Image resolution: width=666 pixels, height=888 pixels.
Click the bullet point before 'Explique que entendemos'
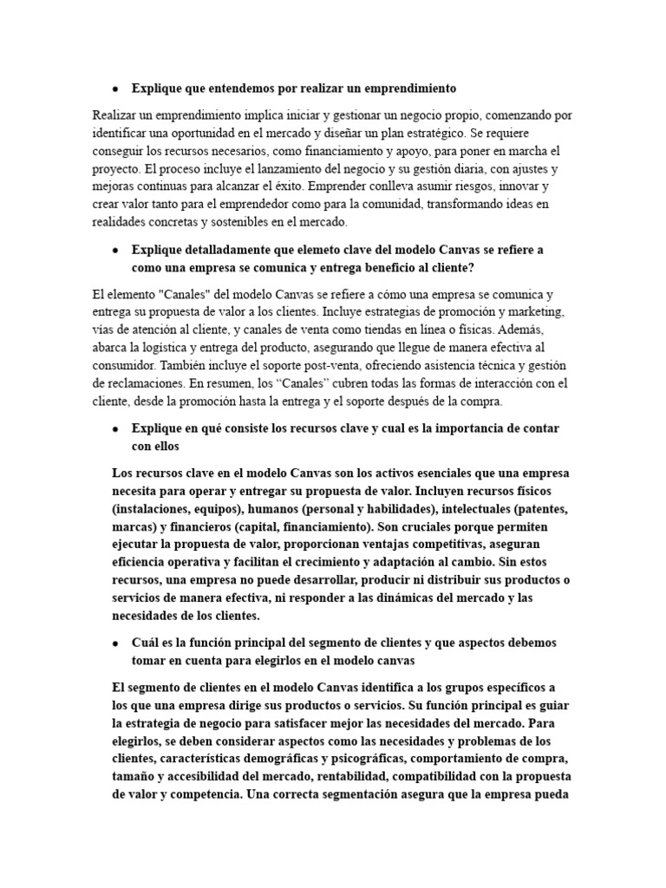115,88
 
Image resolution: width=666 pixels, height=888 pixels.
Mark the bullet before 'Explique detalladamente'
115,250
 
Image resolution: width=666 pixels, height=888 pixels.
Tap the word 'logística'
164,347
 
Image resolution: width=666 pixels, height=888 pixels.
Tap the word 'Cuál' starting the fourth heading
145,643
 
